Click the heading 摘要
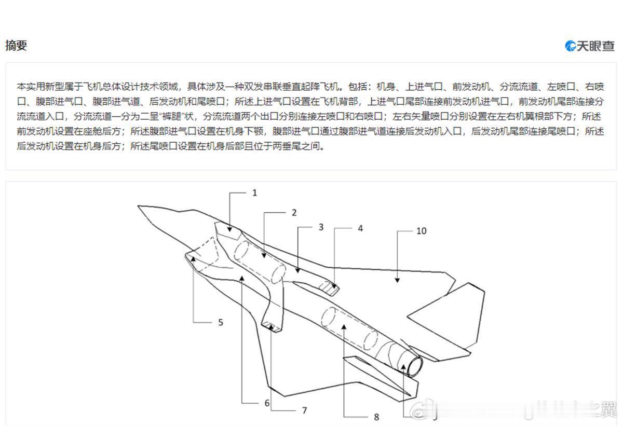[x=16, y=45]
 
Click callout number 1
[x=254, y=193]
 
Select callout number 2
[x=294, y=212]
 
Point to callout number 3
[x=321, y=227]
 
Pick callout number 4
[x=360, y=228]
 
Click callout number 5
[x=220, y=322]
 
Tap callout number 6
[x=267, y=403]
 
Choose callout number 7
[x=304, y=410]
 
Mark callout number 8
[x=376, y=417]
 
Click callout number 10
[x=421, y=230]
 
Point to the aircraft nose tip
[x=138, y=207]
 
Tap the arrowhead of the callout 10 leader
[x=397, y=280]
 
